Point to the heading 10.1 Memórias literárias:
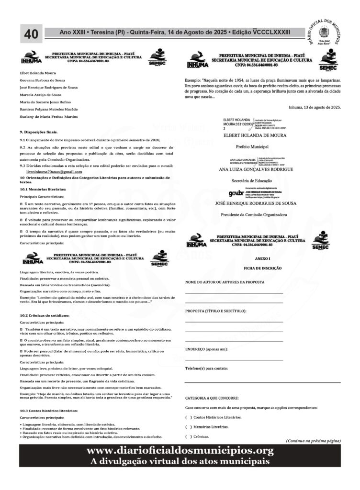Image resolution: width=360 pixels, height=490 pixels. click(x=43, y=189)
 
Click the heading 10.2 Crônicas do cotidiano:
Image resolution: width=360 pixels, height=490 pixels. click(x=45, y=316)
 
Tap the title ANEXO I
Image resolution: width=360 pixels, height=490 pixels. click(x=262, y=258)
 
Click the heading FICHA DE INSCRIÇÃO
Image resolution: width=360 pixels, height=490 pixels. click(x=262, y=269)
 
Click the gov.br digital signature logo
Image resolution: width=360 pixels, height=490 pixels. click(x=236, y=193)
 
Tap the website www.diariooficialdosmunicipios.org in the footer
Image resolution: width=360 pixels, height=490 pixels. click(x=180, y=451)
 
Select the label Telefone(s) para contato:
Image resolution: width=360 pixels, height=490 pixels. click(x=206, y=368)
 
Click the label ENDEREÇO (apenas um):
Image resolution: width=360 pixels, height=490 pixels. click(x=206, y=349)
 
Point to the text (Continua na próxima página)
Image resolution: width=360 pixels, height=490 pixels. click(x=313, y=440)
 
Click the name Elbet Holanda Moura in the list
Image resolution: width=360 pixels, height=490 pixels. click(x=37, y=73)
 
